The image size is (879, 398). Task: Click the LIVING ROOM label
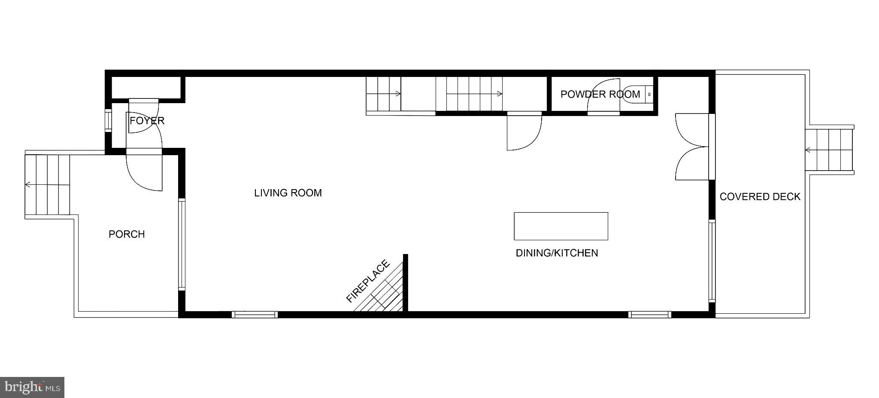288,193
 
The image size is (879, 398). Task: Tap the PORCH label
127,234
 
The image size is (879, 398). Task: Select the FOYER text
147,121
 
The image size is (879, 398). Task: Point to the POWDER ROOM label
600,94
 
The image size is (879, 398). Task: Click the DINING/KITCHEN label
557,253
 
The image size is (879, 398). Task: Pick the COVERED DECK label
760,196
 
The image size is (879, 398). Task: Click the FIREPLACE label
368,281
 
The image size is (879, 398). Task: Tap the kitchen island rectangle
561,226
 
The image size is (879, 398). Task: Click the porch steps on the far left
47,185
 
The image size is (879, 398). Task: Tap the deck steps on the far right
829,150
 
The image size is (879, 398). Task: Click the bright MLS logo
32,387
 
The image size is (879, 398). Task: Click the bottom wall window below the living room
255,315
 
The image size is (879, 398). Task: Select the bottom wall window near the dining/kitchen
649,315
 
